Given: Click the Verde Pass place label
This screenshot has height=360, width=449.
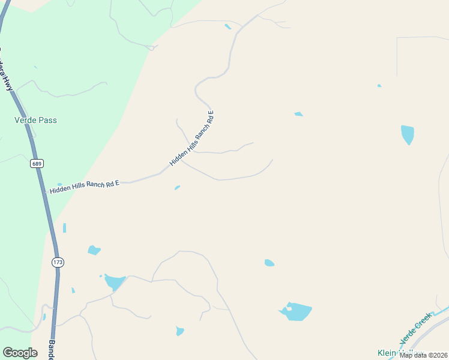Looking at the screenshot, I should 35,120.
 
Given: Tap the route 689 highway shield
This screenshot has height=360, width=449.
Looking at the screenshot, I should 37,163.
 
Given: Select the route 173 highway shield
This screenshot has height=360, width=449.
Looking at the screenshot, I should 58,262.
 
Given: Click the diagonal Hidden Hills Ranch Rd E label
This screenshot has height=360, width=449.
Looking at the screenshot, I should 192,138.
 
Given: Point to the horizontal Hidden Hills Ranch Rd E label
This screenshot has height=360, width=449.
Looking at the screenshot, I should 85,186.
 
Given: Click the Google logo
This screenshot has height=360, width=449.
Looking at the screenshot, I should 20,353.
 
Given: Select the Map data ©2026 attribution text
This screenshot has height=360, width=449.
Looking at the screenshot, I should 423,355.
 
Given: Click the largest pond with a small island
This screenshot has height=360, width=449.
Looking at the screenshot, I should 296,311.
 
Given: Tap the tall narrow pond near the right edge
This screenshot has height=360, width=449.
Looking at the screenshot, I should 408,134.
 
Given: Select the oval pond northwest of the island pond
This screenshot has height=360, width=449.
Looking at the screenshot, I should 270,263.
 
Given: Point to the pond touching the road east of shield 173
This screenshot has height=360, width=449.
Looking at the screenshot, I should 114,281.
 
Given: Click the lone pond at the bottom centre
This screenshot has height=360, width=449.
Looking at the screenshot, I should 179,331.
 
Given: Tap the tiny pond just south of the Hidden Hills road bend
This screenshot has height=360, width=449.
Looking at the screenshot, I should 177,188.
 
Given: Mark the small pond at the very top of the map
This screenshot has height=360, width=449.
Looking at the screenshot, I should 228,26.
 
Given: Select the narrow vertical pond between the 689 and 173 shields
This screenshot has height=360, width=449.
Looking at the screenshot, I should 64,228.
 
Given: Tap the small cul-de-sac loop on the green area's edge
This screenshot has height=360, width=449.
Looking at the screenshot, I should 152,47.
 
